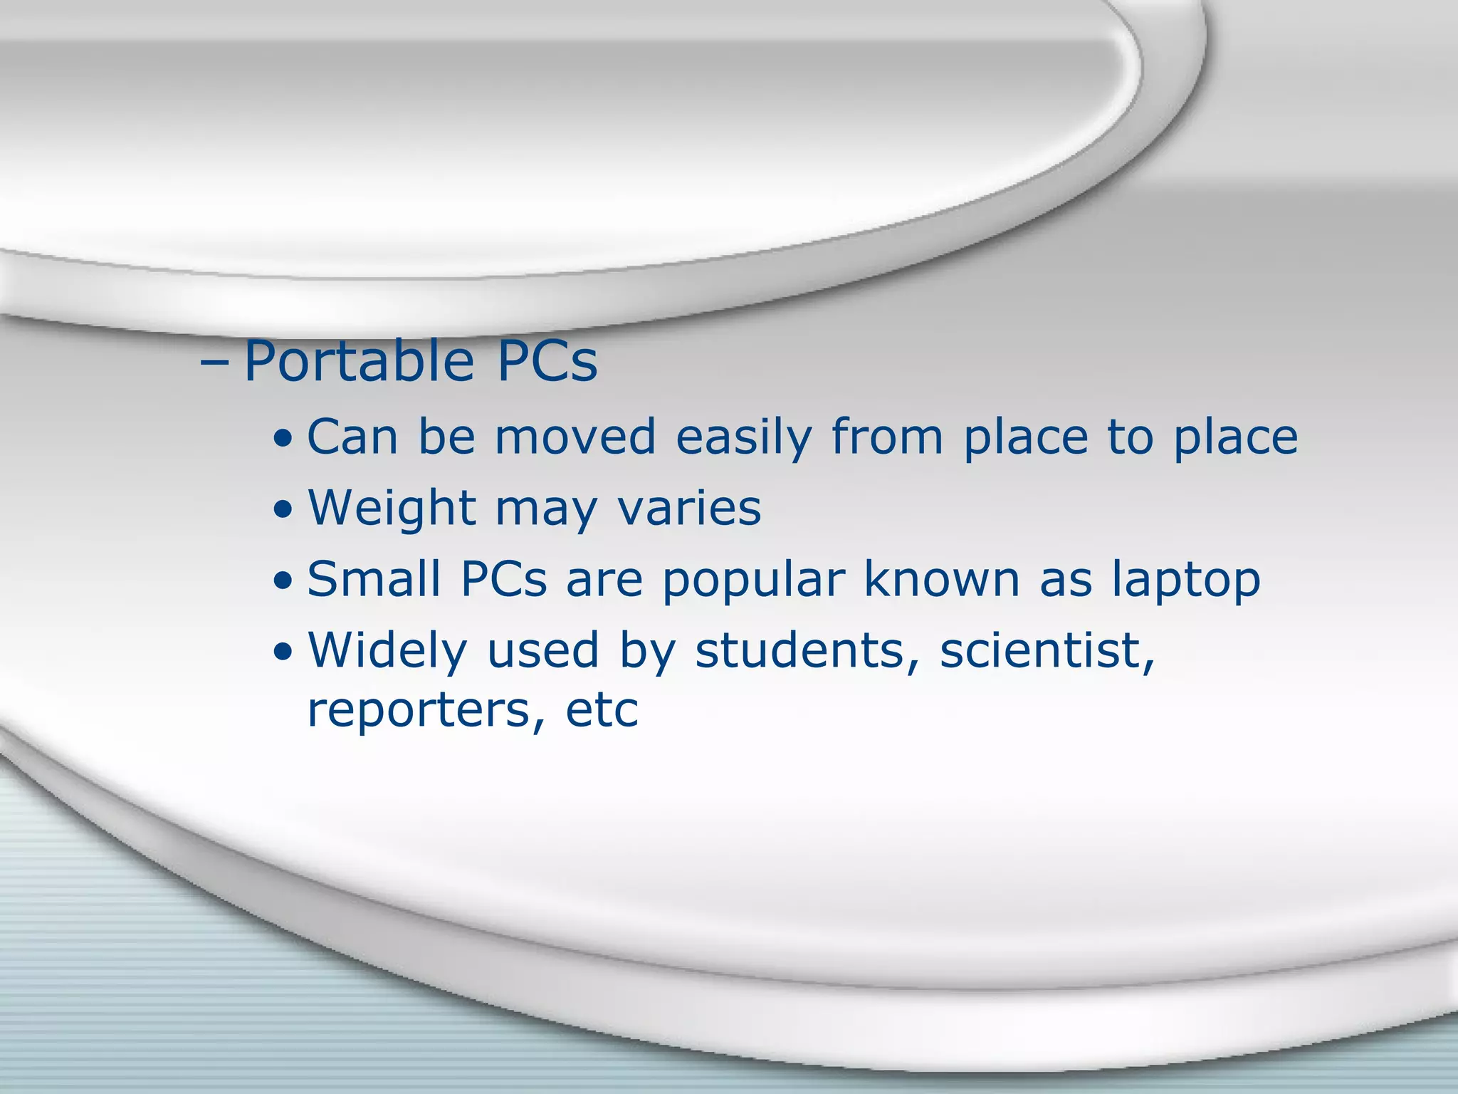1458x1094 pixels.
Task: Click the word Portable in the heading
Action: [358, 362]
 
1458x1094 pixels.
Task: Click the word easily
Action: [743, 439]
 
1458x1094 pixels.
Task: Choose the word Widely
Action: [387, 652]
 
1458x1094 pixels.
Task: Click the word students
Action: [807, 651]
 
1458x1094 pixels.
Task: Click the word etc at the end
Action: [602, 711]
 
